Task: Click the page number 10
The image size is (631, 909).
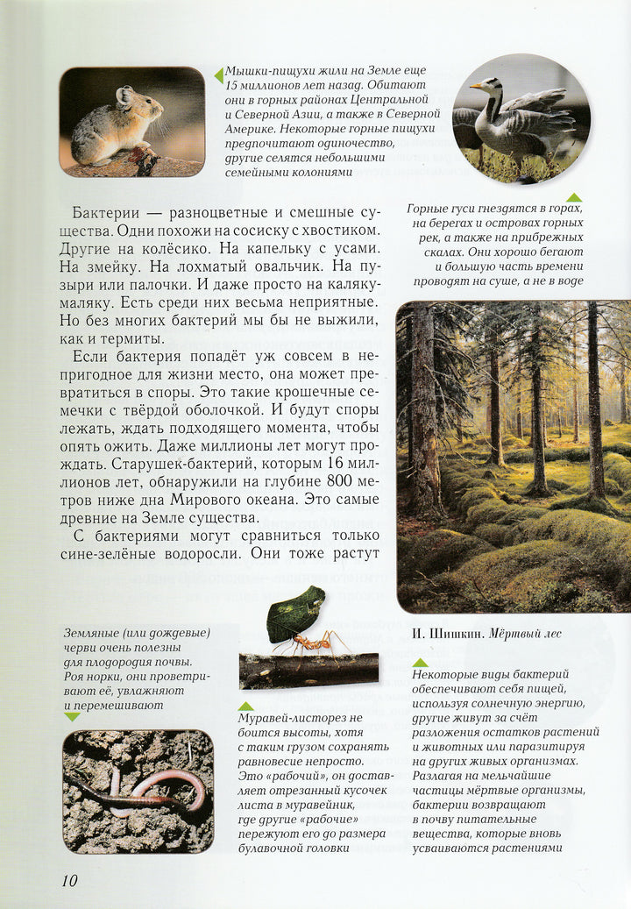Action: [70, 880]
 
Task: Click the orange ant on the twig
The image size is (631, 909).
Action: [313, 643]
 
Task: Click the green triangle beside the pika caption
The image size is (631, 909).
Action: [218, 75]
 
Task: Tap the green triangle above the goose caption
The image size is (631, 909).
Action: [574, 197]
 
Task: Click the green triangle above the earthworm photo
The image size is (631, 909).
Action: [72, 716]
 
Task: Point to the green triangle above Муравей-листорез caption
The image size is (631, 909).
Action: [246, 706]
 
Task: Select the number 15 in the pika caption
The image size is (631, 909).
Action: [234, 86]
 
